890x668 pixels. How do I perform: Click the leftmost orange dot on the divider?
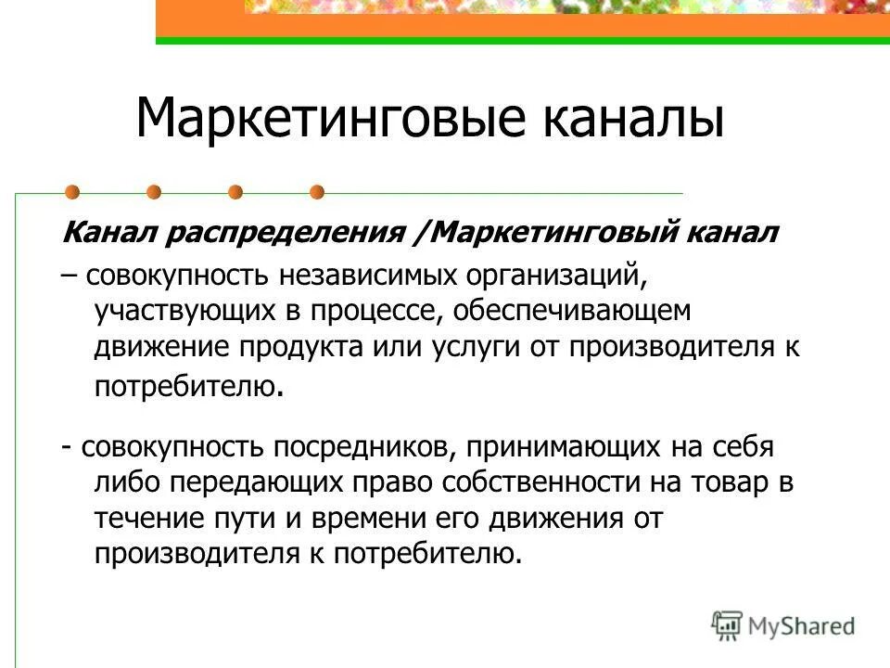click(x=72, y=193)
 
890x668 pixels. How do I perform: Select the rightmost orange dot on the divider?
click(x=317, y=193)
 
